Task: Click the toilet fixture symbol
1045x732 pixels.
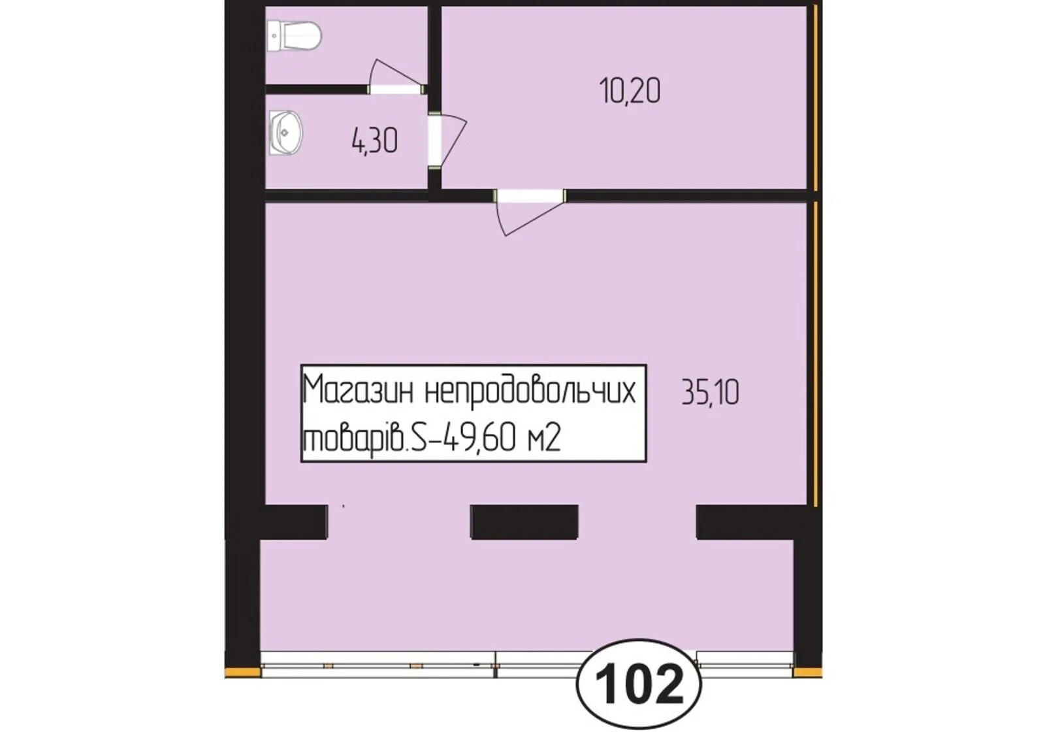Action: point(295,35)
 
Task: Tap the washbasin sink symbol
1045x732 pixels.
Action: point(285,133)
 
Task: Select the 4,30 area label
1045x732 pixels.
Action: point(375,141)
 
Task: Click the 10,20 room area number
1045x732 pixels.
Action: point(630,91)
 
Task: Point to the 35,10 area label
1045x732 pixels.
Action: point(710,393)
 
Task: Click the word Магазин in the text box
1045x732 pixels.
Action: point(359,391)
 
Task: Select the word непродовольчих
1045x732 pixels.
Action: point(530,391)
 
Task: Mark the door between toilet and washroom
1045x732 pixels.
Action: point(396,78)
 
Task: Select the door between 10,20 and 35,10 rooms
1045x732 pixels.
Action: point(529,212)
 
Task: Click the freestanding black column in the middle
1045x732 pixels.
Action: point(525,522)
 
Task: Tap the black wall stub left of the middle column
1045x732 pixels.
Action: point(296,522)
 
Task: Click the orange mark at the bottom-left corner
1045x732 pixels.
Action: point(242,673)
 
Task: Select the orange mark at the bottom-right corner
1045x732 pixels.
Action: point(807,673)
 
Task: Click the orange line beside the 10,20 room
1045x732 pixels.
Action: point(816,98)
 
